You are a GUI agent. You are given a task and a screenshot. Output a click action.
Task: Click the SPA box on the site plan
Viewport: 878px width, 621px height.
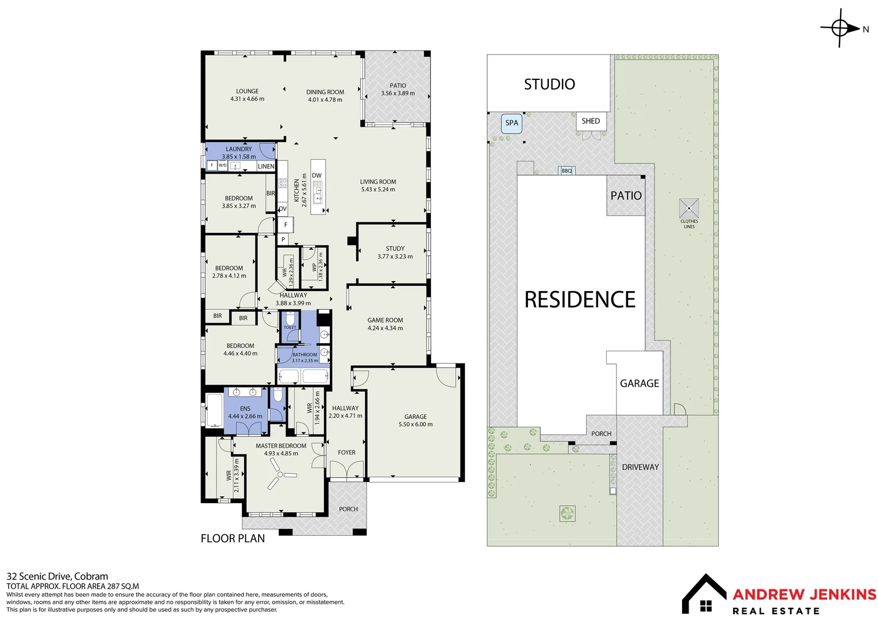click(x=511, y=123)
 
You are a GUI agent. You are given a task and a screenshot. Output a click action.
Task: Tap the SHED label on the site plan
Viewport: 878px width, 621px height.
click(x=590, y=121)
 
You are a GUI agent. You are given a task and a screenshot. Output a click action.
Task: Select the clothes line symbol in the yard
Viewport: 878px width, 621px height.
click(x=689, y=208)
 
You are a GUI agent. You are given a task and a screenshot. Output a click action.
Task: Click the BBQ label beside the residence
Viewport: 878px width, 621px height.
click(x=567, y=171)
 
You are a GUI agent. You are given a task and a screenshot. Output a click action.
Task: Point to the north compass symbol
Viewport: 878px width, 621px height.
click(x=840, y=28)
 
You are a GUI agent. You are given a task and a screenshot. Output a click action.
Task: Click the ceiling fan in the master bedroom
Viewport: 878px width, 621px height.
click(x=280, y=477)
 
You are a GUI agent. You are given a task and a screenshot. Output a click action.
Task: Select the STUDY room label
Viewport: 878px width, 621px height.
click(x=395, y=248)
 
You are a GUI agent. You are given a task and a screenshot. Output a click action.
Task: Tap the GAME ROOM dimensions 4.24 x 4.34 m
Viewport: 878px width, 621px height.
click(x=385, y=328)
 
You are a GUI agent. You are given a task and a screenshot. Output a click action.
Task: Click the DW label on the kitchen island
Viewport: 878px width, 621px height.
click(x=317, y=176)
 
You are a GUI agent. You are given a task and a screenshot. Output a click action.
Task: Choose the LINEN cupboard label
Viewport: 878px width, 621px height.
click(x=266, y=166)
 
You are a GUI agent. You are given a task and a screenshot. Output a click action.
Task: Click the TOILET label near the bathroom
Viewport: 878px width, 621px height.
click(x=290, y=327)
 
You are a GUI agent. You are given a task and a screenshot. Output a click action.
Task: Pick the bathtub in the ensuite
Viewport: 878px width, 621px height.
click(x=215, y=411)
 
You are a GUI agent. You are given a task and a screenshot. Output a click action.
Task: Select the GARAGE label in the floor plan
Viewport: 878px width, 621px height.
click(x=415, y=417)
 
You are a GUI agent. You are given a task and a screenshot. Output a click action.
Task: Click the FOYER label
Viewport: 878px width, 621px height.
click(x=346, y=453)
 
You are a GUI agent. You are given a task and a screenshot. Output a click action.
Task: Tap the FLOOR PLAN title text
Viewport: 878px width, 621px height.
click(x=233, y=539)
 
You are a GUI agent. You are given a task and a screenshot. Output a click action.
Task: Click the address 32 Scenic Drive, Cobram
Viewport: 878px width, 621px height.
click(x=57, y=576)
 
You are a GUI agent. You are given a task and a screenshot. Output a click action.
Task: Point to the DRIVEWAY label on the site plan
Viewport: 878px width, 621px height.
click(x=640, y=467)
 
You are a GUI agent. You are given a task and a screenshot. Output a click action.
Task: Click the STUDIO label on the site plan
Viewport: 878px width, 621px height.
click(x=549, y=85)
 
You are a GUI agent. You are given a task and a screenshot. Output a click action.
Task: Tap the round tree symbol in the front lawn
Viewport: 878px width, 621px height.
click(x=567, y=513)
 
